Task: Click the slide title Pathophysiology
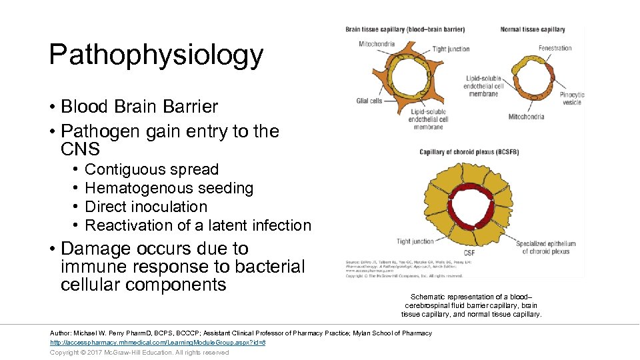coord(156,55)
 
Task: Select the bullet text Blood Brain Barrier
coord(139,107)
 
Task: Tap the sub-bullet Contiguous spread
coord(151,169)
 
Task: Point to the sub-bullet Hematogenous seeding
coord(169,188)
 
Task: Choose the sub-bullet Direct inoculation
coord(146,207)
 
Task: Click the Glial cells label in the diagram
coord(370,101)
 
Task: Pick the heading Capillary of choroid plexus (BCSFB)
coord(469,152)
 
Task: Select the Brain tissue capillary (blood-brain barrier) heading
coord(405,29)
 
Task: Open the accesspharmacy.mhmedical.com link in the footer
coord(158,342)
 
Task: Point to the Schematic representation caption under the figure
coord(471,305)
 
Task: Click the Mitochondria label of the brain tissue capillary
coord(377,44)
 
